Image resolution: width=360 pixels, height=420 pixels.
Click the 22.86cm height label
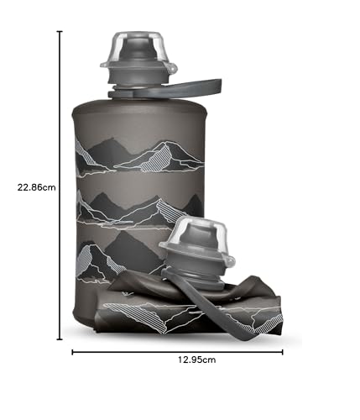(37, 187)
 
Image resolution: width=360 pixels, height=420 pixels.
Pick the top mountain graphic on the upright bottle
(143, 156)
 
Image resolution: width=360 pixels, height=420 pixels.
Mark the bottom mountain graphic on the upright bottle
(113, 256)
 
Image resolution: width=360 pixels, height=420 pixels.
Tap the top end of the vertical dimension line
(60, 31)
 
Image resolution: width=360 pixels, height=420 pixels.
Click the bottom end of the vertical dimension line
(60, 339)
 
